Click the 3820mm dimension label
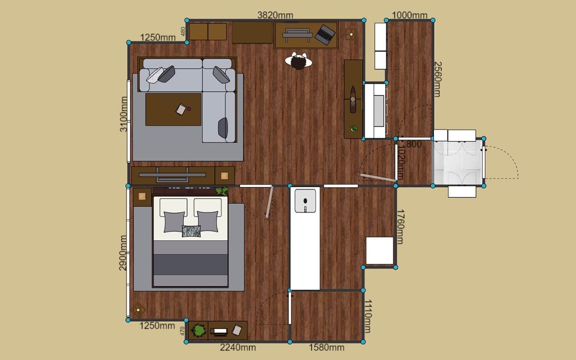(x=275, y=16)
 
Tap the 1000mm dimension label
(x=409, y=16)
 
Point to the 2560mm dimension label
(x=438, y=79)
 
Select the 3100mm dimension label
(x=124, y=114)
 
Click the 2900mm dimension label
(x=123, y=253)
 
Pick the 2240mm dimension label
(x=238, y=348)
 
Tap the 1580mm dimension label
(x=327, y=348)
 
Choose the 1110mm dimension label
(x=368, y=316)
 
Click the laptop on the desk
(x=325, y=35)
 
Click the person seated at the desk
(x=299, y=61)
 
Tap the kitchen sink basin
(x=305, y=201)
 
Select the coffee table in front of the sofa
(x=173, y=109)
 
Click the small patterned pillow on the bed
(x=191, y=231)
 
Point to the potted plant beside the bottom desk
(x=198, y=330)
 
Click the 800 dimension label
(x=414, y=144)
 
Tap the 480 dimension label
(x=183, y=31)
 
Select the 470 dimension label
(x=183, y=331)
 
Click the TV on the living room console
(x=172, y=175)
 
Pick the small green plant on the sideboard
(x=354, y=128)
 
